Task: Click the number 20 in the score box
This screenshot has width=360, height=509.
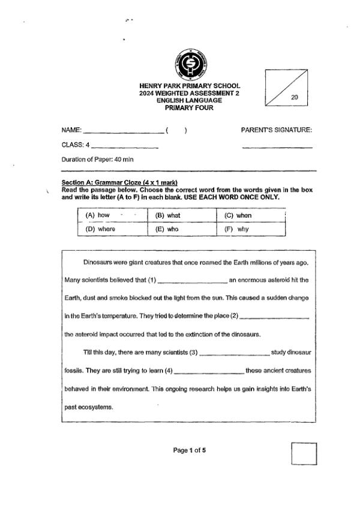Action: [295, 96]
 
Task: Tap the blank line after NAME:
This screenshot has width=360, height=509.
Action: [123, 132]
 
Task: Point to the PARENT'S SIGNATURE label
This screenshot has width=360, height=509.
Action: [277, 130]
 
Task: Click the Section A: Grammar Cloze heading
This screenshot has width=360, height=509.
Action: [119, 183]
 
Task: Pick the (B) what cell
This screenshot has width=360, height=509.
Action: [181, 215]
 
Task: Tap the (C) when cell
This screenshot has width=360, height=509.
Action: [250, 215]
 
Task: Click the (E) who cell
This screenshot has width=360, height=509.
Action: [181, 229]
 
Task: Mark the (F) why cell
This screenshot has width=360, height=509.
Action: [250, 229]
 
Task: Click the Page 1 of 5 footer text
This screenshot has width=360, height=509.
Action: [190, 450]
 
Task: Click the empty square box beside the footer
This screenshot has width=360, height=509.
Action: [304, 454]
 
